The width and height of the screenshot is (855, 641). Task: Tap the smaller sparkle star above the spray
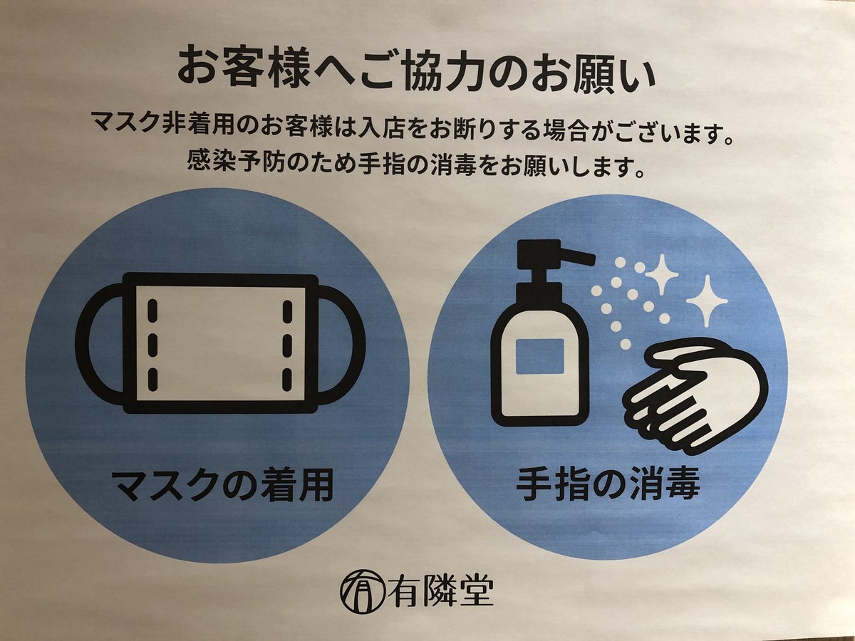662,274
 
